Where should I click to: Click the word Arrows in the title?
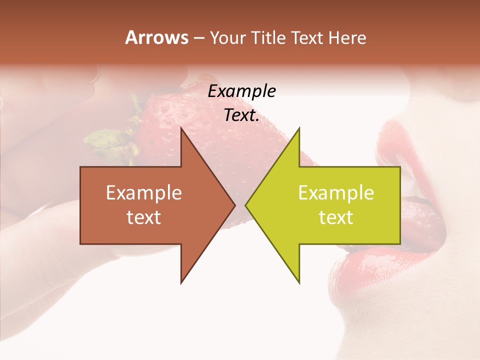click(x=156, y=37)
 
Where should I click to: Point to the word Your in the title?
click(x=228, y=37)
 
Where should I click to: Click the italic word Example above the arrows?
click(x=241, y=91)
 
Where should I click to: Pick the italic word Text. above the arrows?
click(x=241, y=115)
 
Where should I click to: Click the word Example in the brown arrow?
click(x=144, y=193)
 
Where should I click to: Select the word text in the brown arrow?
click(x=144, y=217)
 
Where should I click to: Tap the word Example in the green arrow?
click(x=336, y=193)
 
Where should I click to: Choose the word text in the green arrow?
click(x=336, y=217)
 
